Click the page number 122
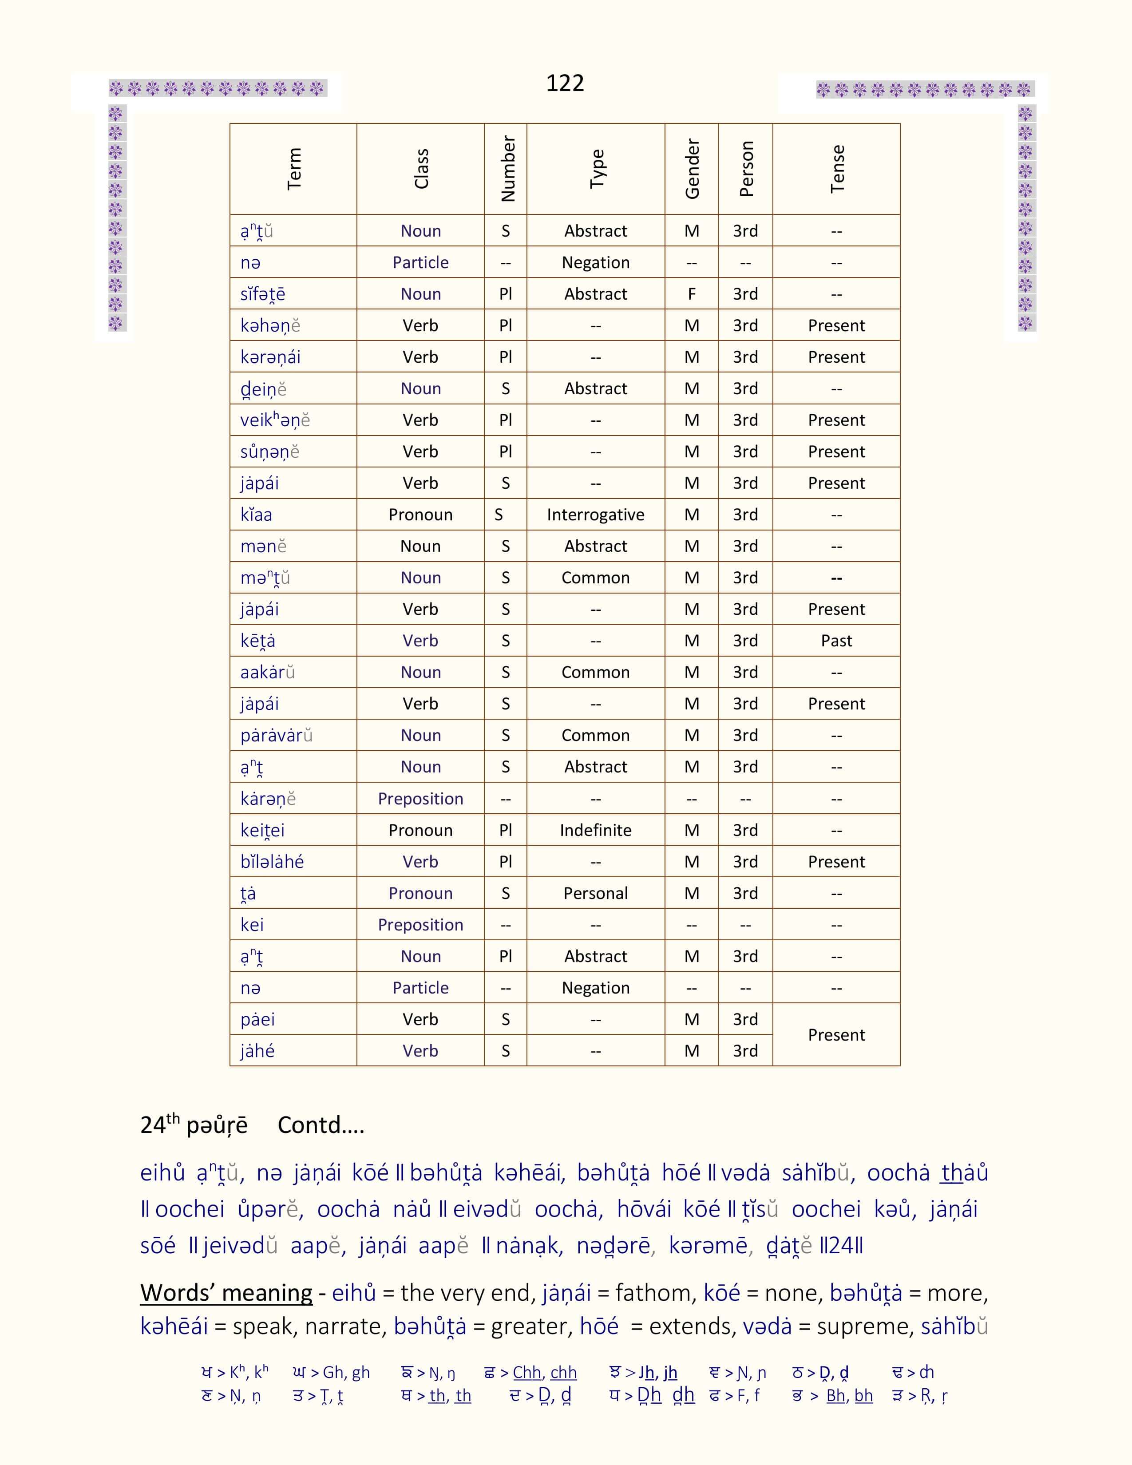point(565,83)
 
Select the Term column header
point(294,169)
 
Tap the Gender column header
point(691,169)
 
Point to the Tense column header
point(836,169)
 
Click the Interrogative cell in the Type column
point(595,515)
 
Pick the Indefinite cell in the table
point(595,830)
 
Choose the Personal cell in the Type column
point(595,893)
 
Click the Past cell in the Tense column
point(836,641)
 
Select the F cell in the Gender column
point(691,294)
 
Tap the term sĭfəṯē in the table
point(263,294)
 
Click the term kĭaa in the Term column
point(256,515)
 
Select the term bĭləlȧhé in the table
point(272,861)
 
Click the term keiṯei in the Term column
point(262,830)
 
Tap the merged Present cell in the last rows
point(836,1034)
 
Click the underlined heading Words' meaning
point(226,1293)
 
